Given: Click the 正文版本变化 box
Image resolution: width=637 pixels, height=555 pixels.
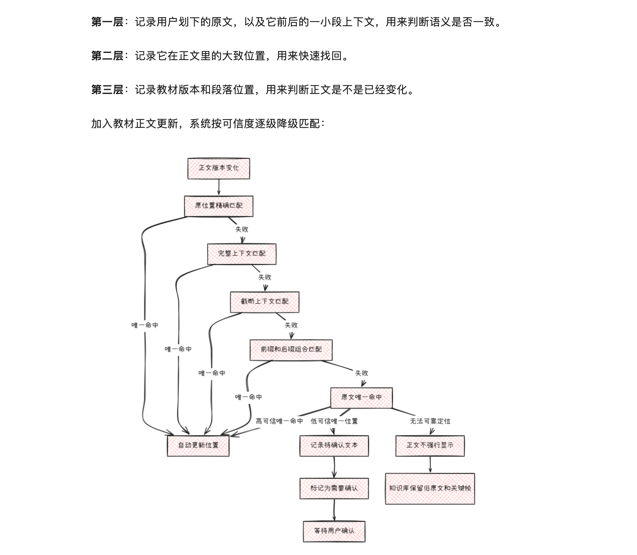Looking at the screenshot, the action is point(219,168).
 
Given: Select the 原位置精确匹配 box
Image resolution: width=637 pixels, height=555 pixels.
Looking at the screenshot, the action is point(219,206).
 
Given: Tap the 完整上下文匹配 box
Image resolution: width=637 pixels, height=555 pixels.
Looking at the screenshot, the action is point(242,254).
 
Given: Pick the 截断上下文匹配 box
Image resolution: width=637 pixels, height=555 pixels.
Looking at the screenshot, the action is point(265,302).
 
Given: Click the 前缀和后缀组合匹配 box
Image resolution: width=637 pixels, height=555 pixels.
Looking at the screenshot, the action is point(291,350).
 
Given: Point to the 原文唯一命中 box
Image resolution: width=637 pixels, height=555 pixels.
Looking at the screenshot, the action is point(361,398).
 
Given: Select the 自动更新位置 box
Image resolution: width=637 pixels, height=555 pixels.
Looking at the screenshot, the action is point(198,445).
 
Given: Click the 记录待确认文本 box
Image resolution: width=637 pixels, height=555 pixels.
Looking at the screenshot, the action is point(334,445).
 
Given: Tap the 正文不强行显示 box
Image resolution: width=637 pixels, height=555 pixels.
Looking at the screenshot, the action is point(430,445).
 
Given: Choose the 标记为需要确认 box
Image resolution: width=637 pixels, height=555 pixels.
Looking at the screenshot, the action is point(334,488).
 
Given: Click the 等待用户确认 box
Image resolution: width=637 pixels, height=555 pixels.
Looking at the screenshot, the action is point(334,531).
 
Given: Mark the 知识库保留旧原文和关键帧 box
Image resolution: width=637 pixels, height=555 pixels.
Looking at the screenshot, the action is point(430,488).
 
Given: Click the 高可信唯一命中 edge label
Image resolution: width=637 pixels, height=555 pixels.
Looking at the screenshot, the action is point(279,421).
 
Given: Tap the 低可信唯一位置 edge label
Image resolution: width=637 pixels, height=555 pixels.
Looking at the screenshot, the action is point(334,421).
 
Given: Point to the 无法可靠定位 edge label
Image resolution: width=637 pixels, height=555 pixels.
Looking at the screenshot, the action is point(430,421).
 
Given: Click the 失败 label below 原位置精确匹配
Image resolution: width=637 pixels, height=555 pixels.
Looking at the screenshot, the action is point(242,229).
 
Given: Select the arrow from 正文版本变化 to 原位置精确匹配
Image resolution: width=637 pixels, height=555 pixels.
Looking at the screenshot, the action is point(219,187).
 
